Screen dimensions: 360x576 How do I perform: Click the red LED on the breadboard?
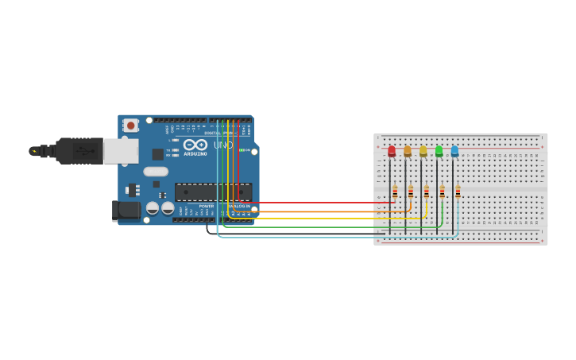click(x=392, y=151)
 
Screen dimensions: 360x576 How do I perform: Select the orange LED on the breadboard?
click(x=408, y=151)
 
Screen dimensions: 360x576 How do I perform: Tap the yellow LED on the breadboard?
click(x=423, y=151)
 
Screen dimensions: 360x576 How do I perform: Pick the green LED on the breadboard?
click(x=439, y=151)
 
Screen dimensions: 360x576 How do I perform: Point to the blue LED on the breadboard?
click(x=454, y=151)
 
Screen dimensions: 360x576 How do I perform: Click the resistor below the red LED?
click(x=395, y=192)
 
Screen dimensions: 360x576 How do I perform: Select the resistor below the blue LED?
click(x=458, y=192)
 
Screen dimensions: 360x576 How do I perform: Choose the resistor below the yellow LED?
click(x=427, y=192)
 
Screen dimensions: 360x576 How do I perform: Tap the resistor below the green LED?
click(x=442, y=192)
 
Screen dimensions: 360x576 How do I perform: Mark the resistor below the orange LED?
click(x=411, y=192)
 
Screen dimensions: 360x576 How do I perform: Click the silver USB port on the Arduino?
click(x=121, y=151)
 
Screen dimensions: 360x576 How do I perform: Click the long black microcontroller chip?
click(x=213, y=192)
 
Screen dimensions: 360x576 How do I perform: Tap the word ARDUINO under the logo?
click(x=195, y=153)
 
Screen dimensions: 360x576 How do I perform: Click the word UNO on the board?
click(x=223, y=145)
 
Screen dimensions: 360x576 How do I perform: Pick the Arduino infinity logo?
click(x=195, y=145)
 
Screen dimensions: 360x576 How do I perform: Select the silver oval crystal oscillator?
click(x=156, y=171)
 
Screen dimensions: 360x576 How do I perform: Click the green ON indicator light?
click(x=242, y=150)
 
